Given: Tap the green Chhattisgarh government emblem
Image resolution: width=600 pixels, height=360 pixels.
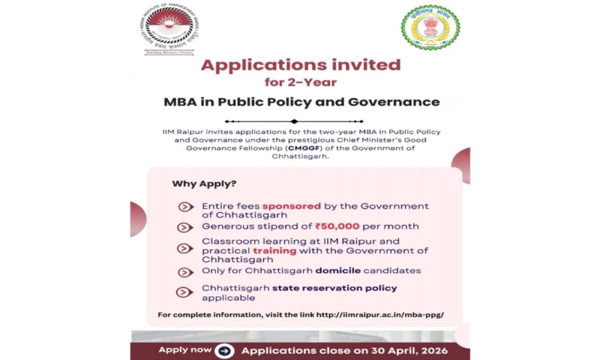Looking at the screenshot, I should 426,28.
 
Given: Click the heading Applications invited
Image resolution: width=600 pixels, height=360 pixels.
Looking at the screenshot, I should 301,65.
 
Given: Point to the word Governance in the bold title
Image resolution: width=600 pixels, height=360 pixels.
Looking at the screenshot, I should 400,101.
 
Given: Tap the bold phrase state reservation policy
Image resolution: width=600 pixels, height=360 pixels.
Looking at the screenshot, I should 335,288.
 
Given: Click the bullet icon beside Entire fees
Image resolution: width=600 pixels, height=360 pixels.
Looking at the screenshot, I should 186,207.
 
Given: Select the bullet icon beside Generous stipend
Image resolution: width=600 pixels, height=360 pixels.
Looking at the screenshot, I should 186,227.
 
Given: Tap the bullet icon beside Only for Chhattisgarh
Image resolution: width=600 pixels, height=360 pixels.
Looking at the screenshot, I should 186,272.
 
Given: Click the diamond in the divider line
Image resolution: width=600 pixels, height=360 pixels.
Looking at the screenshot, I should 294,121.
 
